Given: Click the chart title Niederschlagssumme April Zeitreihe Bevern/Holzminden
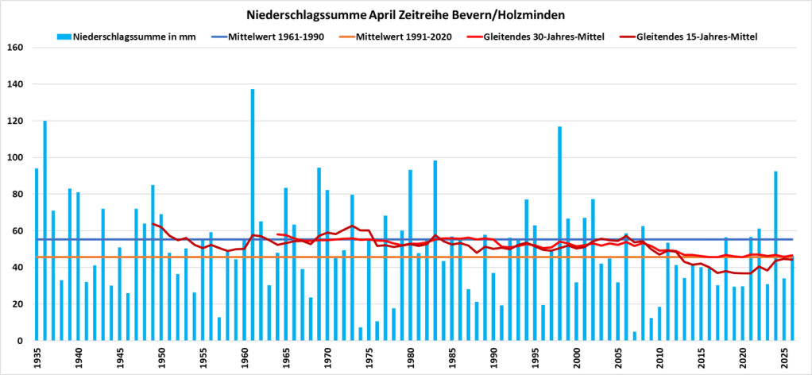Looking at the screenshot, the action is tap(406, 16).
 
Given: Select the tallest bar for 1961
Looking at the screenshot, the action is tap(252, 215).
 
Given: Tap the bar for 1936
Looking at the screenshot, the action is tap(44, 230).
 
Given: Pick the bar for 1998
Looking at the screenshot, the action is tap(560, 234).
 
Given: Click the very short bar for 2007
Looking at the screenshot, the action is tap(634, 336).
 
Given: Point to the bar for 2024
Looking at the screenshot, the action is tap(775, 256).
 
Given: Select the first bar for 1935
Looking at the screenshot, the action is tap(37, 254).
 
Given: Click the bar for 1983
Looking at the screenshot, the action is tap(435, 251).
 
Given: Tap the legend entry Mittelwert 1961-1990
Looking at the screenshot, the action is tap(268, 37).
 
